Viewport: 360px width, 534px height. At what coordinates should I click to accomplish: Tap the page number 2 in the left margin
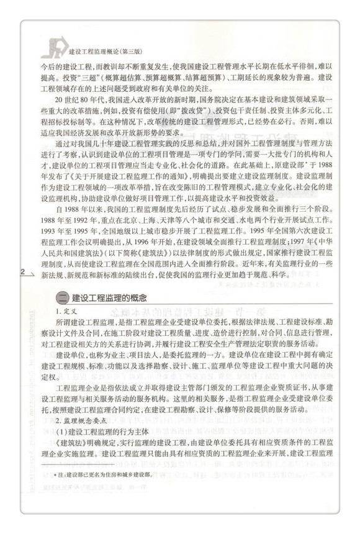coord(23,272)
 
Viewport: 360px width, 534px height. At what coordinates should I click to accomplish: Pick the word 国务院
coord(199,99)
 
